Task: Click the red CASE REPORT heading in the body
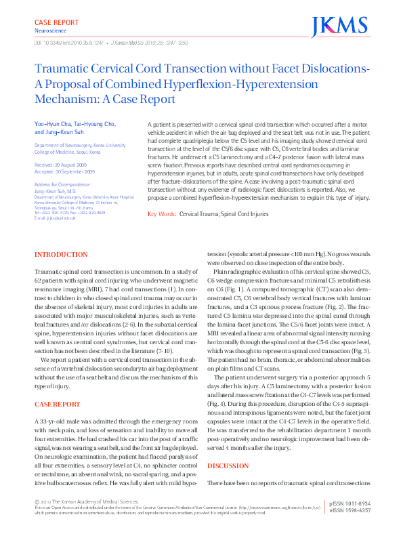(x=58, y=404)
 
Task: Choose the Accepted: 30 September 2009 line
(x=65, y=171)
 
